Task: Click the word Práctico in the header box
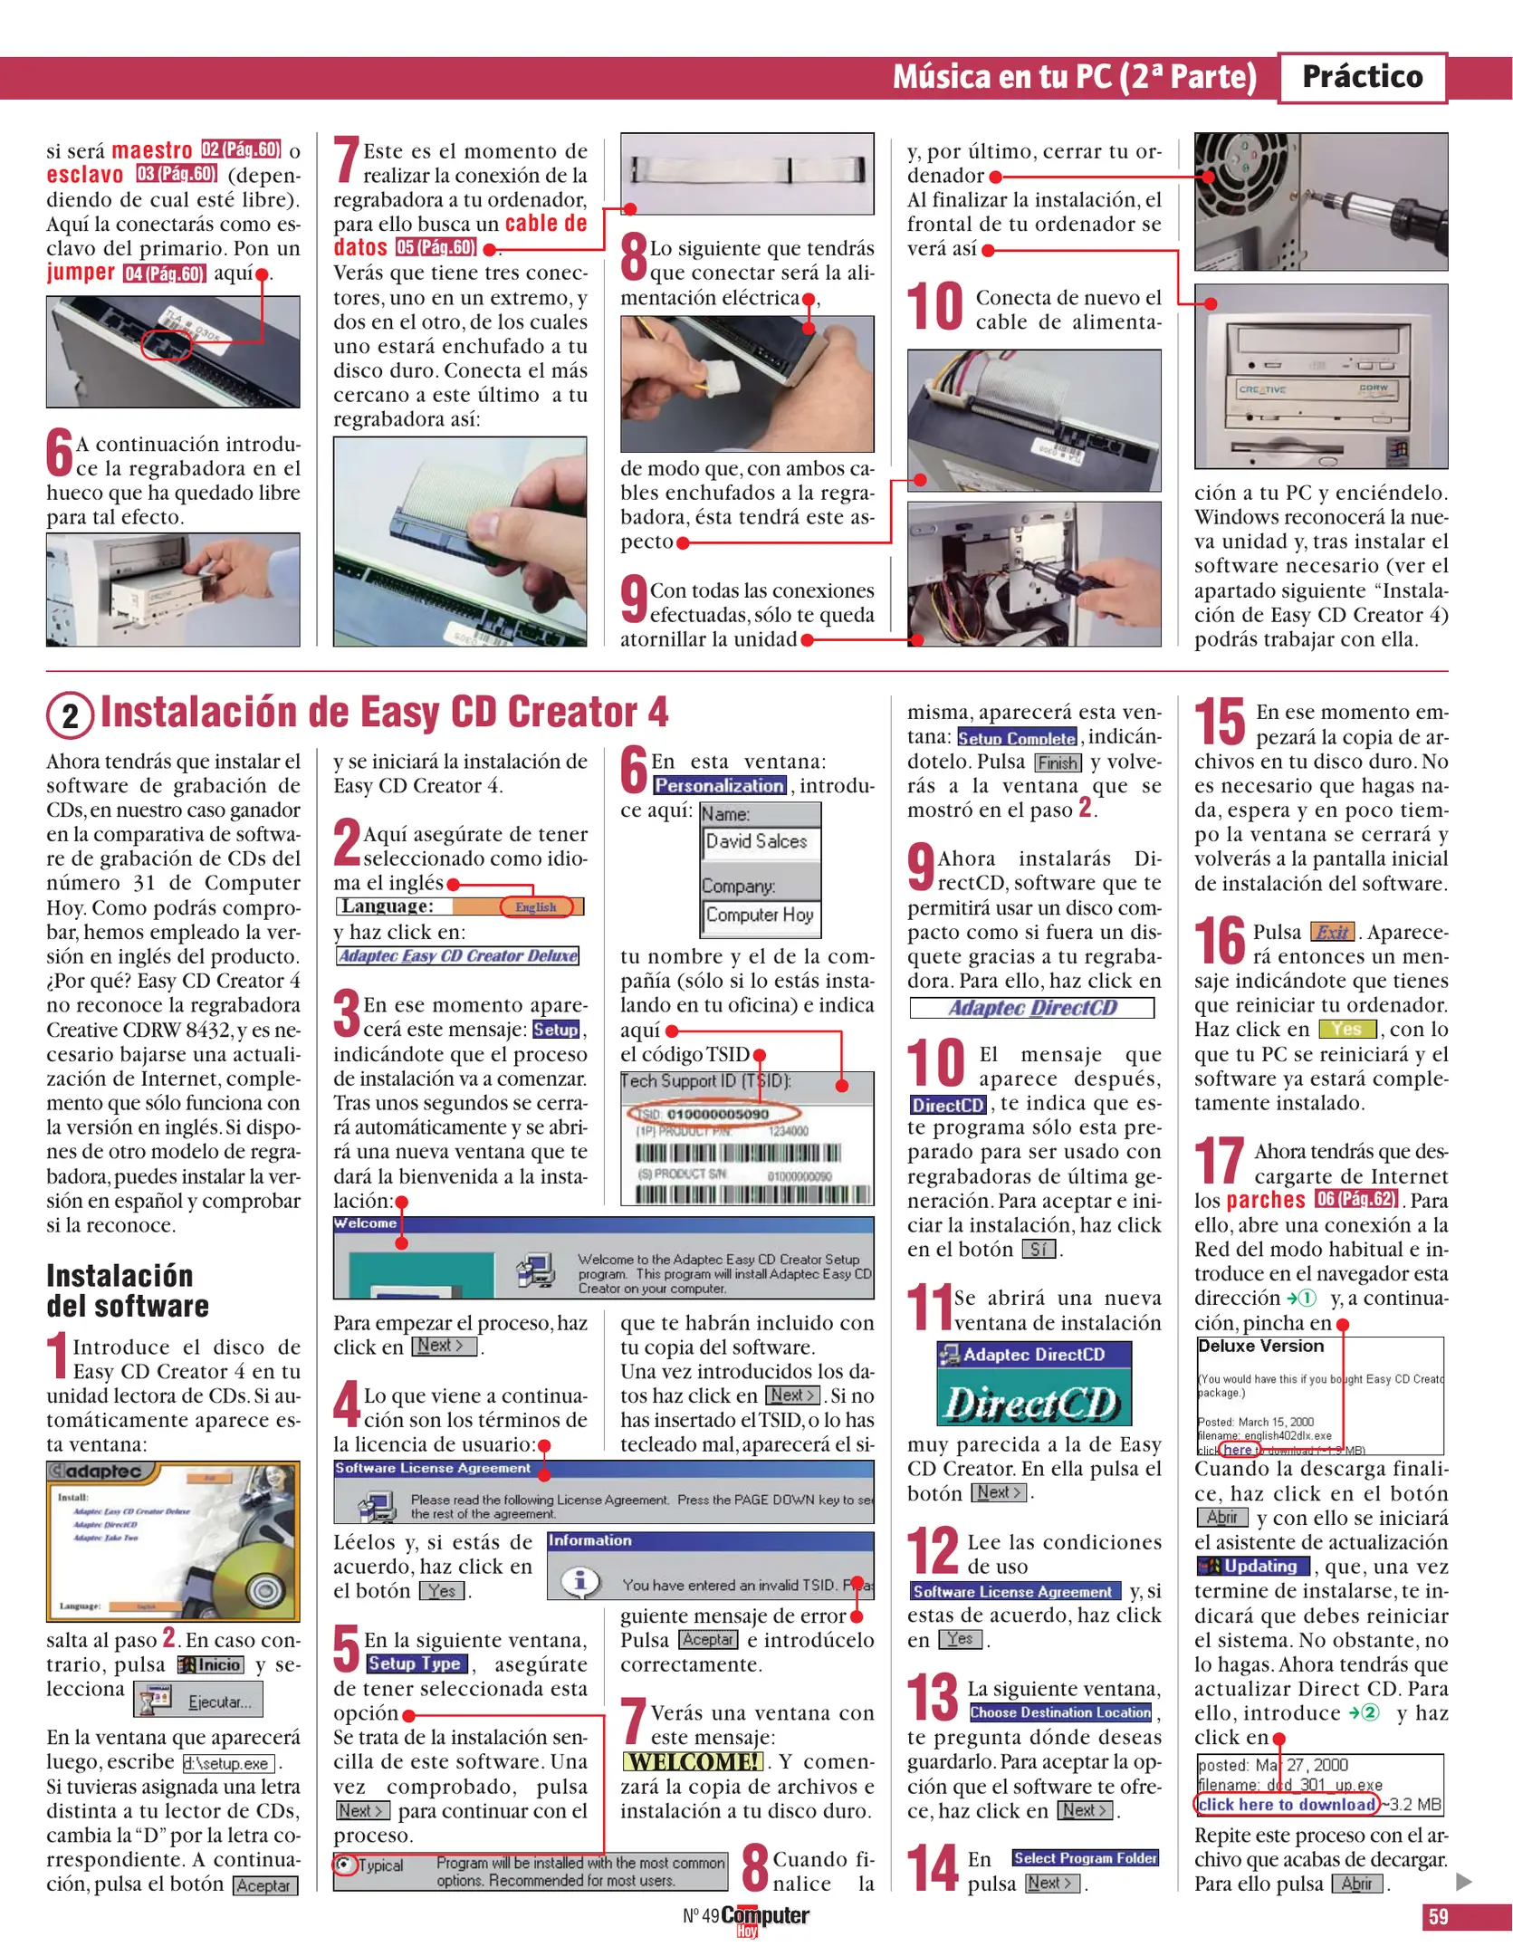coord(1361,77)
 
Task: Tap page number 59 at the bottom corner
coord(1438,1916)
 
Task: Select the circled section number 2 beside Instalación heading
coord(70,715)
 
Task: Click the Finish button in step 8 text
coord(1057,762)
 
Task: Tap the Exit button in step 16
coord(1332,932)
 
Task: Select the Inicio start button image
coord(211,1664)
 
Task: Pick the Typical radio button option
coord(344,1865)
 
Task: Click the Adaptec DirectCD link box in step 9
coord(1031,1008)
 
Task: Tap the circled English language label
coord(536,906)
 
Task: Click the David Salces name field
coord(759,841)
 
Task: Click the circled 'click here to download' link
coord(1287,1804)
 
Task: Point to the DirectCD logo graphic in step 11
coord(1033,1404)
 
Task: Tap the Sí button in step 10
coord(1039,1250)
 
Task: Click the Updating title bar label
coord(1253,1566)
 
